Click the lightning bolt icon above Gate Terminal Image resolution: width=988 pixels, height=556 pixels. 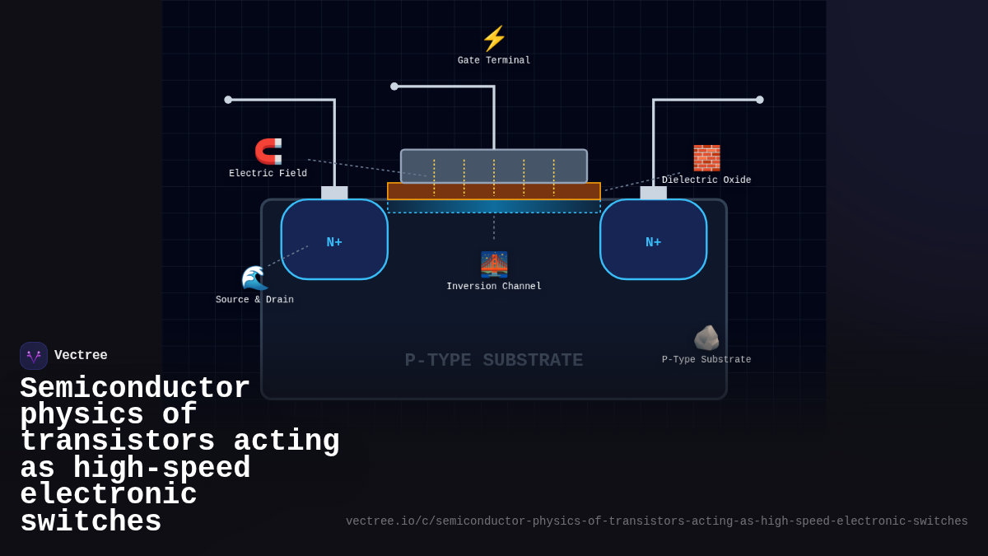point(494,39)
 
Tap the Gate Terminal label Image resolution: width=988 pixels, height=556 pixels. point(494,61)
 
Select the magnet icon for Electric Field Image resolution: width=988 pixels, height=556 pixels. point(268,152)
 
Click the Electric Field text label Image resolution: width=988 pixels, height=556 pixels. point(268,174)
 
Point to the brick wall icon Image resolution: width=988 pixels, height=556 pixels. point(706,157)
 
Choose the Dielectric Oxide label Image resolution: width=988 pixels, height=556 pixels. point(706,180)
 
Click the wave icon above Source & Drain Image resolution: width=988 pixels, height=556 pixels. point(254,278)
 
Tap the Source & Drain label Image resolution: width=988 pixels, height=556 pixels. point(254,300)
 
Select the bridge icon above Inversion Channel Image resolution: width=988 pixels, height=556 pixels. point(494,264)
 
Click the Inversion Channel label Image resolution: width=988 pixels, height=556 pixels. point(494,287)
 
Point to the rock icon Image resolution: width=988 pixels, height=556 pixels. point(706,338)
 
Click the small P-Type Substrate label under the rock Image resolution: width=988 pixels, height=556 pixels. point(706,360)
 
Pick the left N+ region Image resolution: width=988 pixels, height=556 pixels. point(334,240)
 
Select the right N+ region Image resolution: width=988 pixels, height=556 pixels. point(654,240)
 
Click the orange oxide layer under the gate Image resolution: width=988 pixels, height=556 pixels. point(494,191)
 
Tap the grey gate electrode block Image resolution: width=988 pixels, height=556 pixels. point(494,166)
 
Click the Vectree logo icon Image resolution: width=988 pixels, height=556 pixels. point(34,356)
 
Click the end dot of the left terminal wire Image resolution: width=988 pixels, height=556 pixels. point(228,100)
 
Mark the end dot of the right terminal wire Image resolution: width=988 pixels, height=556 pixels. point(760,100)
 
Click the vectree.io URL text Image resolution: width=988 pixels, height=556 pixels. point(656,521)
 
